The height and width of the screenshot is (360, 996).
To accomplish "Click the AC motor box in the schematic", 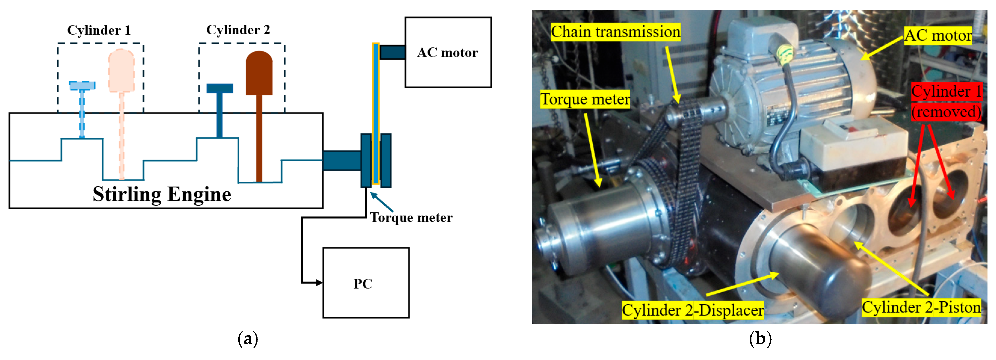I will click(x=448, y=52).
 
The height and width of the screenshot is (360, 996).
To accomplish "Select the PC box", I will click(x=366, y=283).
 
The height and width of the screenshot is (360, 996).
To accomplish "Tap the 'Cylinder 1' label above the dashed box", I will click(x=99, y=30).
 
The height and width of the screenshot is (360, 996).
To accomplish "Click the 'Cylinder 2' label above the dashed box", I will click(x=238, y=30).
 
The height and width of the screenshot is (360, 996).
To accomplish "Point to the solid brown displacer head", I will click(x=259, y=73).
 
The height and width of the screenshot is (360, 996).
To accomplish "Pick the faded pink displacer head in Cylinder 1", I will click(x=121, y=71).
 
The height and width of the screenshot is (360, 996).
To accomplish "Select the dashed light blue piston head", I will click(x=82, y=85).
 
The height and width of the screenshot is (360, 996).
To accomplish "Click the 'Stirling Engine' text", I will click(x=162, y=194).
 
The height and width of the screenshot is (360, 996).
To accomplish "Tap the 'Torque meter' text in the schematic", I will click(x=411, y=218).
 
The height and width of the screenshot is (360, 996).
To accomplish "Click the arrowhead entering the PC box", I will click(x=319, y=283).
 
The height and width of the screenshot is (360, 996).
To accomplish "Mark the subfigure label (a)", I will click(x=248, y=339).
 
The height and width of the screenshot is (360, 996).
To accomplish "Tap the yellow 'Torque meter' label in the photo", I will click(x=585, y=99).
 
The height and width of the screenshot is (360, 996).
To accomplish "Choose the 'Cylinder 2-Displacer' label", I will click(x=692, y=310).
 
